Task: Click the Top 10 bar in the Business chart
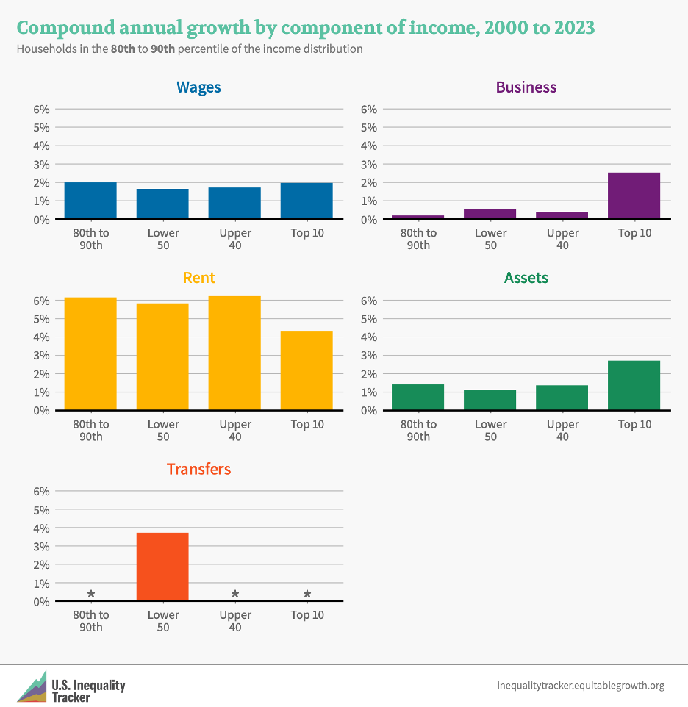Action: (634, 195)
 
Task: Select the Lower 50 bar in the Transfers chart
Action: (162, 567)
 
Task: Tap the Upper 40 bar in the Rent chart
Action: (234, 353)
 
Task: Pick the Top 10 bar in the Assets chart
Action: (634, 385)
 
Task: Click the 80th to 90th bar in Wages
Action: (90, 201)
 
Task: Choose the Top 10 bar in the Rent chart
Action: (307, 371)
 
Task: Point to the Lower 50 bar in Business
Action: (490, 214)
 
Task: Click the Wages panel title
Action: (198, 87)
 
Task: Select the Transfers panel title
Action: (198, 469)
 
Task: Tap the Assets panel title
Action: (526, 278)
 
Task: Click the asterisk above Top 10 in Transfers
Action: (307, 594)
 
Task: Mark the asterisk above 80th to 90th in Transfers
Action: (91, 594)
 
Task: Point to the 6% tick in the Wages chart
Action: (41, 109)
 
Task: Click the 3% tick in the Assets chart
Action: (369, 355)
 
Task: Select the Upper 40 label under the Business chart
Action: (562, 239)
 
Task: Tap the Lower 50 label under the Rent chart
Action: (162, 430)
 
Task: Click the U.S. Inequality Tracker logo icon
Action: (31, 686)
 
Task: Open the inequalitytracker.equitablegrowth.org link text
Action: (581, 686)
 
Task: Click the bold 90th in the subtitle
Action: (162, 49)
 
